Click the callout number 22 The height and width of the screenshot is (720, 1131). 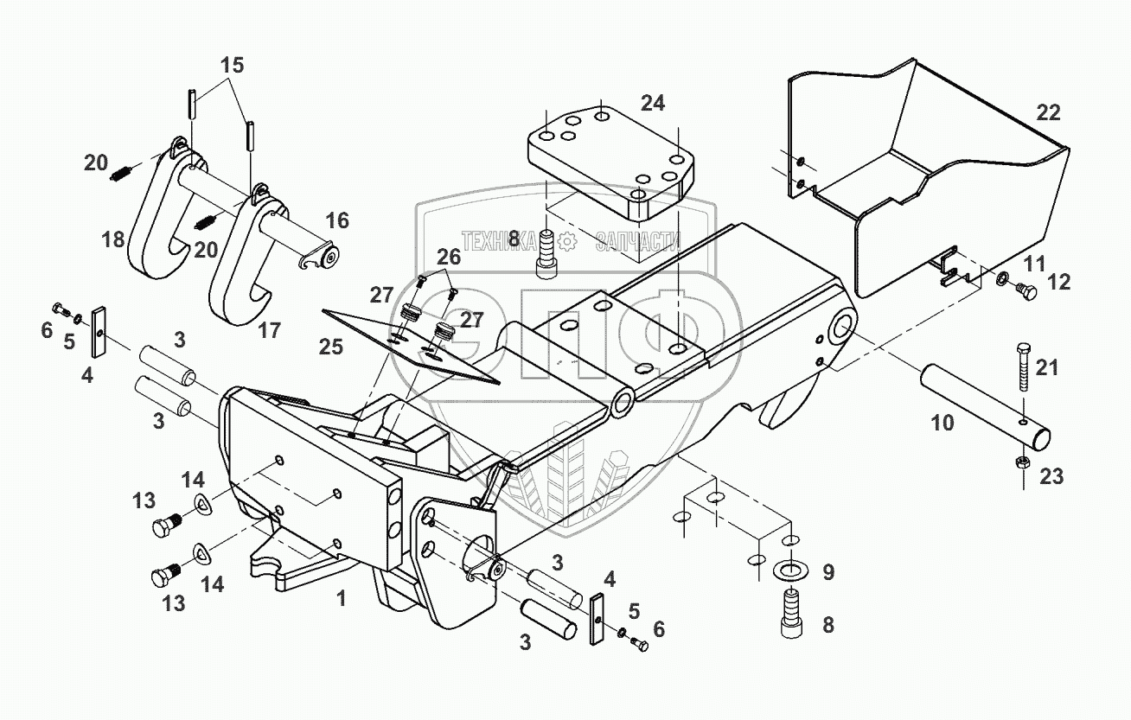(1047, 112)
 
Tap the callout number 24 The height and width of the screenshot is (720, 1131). (653, 103)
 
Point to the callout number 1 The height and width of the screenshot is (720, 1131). (342, 597)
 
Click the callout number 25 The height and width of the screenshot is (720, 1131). (331, 347)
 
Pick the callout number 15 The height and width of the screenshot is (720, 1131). (231, 65)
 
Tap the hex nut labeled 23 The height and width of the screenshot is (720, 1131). (1020, 462)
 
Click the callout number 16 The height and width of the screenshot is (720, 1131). (337, 220)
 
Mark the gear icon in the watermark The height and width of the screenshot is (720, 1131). (569, 241)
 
